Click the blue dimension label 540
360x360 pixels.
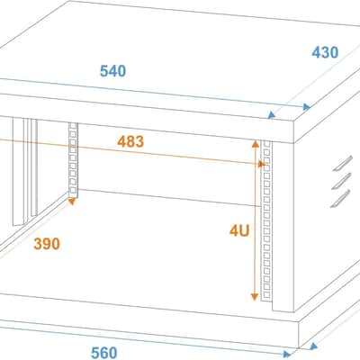112,71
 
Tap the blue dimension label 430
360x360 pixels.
325,52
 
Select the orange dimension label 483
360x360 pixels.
130,141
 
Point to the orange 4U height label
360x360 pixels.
239,230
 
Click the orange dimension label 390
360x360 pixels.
47,244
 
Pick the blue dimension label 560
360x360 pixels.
103,353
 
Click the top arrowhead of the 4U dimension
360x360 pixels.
255,144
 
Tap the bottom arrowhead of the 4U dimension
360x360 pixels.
255,297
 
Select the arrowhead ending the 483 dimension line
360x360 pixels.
261,164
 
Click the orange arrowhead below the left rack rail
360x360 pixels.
72,202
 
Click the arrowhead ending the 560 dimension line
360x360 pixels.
287,355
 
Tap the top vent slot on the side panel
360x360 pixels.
343,164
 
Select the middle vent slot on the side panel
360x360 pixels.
341,181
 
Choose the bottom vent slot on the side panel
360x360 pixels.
340,199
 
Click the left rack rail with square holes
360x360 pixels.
73,159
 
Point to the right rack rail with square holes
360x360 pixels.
266,220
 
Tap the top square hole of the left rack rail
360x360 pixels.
72,126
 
